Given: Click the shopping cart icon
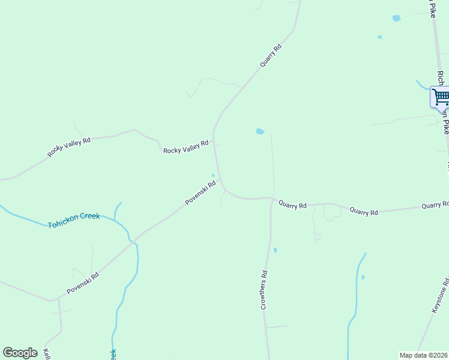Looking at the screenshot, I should [x=441, y=97].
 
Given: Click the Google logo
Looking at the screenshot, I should [x=20, y=353].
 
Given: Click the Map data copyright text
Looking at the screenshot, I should [x=423, y=355].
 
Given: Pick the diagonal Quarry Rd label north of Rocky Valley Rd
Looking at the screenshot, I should [x=270, y=56].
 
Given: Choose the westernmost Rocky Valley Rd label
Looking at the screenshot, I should [x=69, y=148].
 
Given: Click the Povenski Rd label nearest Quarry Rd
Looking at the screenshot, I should [x=200, y=193].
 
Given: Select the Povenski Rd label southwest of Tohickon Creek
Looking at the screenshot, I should [x=83, y=281].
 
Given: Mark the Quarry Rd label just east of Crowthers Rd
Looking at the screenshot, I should [x=292, y=205].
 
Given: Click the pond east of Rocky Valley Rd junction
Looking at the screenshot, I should [x=260, y=131].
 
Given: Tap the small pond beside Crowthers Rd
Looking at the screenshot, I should [x=275, y=250].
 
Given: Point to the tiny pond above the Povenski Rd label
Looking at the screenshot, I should [x=213, y=175].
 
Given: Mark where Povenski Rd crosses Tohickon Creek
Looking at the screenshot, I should [x=132, y=241].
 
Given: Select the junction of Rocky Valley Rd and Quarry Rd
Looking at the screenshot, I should [x=214, y=142].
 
